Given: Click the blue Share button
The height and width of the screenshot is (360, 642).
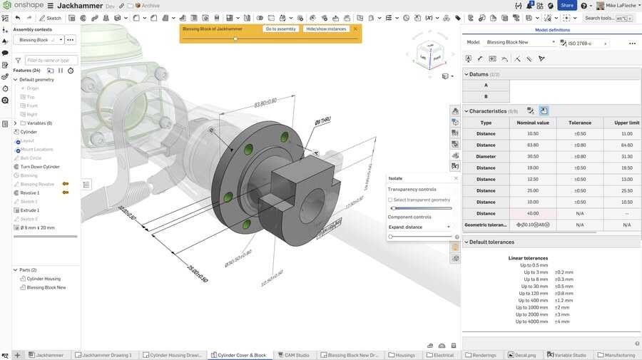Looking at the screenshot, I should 567,5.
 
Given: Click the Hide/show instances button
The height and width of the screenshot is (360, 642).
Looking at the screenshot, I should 326,29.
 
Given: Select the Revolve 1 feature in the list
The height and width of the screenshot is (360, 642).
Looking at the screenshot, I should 30,192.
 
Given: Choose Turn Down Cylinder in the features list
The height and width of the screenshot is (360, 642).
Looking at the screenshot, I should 40,166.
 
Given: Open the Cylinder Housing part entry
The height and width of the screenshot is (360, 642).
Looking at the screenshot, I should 44,279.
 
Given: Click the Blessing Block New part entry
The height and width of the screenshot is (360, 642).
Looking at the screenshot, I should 46,287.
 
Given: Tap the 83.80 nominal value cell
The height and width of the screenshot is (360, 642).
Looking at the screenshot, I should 532,145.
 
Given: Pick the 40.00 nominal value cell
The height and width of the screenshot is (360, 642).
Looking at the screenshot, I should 532,213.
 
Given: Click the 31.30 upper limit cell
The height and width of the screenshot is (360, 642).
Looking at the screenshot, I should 626,156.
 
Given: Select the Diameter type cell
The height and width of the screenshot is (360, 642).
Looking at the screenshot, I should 486,156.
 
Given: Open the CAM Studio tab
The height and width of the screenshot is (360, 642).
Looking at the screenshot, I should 296,355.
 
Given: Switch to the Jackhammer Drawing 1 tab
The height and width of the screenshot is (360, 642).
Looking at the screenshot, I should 106,355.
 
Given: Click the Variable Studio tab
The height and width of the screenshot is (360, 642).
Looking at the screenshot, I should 569,355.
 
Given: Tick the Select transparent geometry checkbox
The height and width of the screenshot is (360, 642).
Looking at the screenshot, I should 390,200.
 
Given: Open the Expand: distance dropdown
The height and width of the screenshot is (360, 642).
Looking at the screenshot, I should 419,227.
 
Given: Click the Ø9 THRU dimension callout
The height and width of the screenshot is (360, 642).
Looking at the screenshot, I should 322,121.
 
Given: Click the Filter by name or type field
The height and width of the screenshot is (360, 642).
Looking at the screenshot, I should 51,61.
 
